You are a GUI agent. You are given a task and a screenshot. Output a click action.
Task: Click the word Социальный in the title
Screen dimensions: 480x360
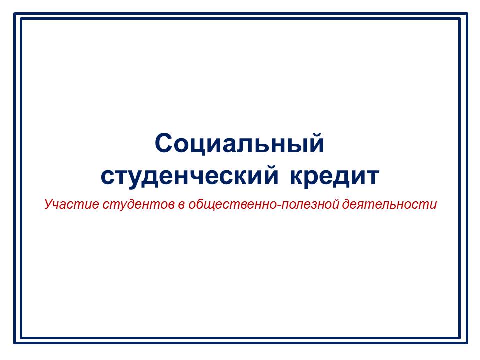point(239,144)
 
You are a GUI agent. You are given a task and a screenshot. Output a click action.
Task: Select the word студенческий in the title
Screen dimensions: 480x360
point(190,177)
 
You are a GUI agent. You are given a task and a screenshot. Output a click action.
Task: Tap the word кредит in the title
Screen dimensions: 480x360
point(335,177)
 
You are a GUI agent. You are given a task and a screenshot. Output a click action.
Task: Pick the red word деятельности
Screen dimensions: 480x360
point(389,204)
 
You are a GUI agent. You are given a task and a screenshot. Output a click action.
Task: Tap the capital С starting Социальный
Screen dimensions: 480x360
point(165,143)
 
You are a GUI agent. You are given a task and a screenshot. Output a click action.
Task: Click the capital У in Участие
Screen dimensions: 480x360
point(49,204)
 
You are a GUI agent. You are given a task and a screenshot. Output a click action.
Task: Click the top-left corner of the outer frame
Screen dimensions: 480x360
point(14,13)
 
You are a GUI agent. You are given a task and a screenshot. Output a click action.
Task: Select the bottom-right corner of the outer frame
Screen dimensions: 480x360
point(467,343)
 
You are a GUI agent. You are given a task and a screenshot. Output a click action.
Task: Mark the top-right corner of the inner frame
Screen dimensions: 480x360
point(460,19)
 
